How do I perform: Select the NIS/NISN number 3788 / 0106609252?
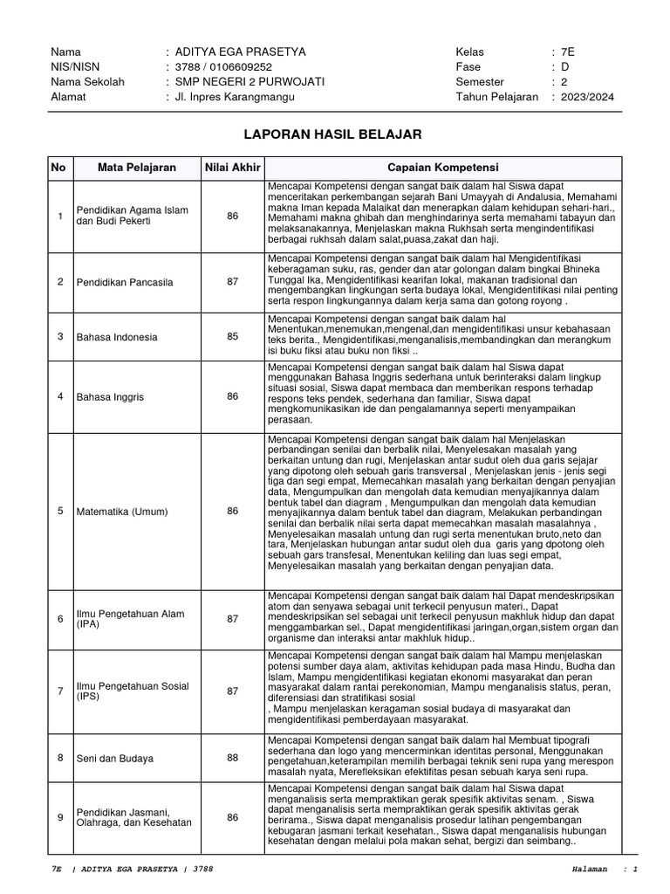tap(223, 67)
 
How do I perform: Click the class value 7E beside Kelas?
tap(569, 52)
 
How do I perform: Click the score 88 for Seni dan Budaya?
tap(232, 758)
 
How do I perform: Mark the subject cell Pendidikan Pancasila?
tap(124, 282)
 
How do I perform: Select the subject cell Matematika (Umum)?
tap(121, 511)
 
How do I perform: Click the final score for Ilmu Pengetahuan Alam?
tap(232, 618)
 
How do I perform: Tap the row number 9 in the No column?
tap(60, 817)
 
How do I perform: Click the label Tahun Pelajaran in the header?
tap(497, 97)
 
